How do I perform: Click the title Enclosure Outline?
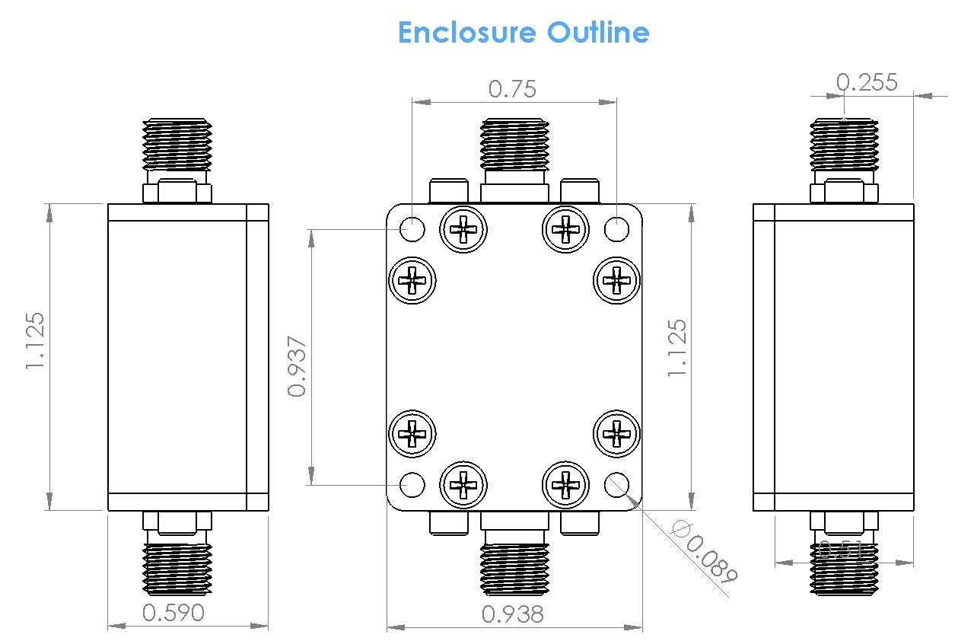click(x=524, y=33)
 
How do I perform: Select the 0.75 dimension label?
click(x=512, y=89)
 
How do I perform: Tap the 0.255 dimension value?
click(x=867, y=81)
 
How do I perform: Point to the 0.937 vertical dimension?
click(x=298, y=366)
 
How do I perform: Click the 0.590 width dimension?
click(x=173, y=612)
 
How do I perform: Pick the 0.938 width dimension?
click(x=514, y=614)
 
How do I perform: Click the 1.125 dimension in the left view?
click(x=36, y=342)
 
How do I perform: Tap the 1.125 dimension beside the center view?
click(x=676, y=348)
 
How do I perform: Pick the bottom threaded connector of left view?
click(x=177, y=567)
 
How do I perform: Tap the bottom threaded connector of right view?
click(x=844, y=567)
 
